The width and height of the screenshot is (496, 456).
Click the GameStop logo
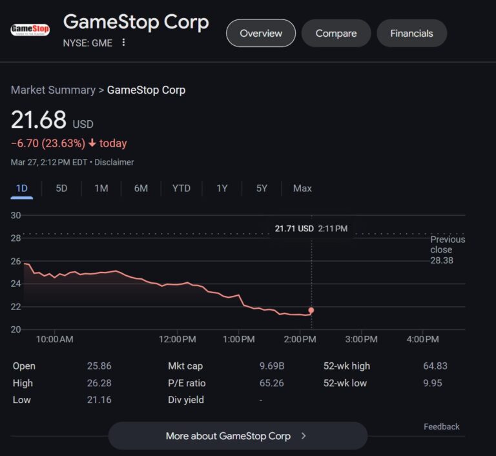pos(30,30)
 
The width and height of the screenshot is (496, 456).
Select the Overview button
pos(261,33)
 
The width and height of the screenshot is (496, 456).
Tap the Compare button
pos(336,33)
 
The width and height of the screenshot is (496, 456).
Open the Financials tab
pos(411,33)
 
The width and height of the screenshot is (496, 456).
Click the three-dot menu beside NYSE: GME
pos(123,43)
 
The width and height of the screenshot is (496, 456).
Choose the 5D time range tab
pos(61,188)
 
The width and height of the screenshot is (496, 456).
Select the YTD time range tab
pos(181,188)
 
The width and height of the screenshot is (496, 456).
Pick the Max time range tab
pos(302,188)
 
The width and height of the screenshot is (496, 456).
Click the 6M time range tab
pos(141,188)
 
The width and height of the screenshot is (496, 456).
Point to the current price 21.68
pos(39,120)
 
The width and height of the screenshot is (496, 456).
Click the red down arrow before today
pos(92,143)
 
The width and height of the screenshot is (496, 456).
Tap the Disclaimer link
pos(114,162)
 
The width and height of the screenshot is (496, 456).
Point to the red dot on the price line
pos(311,310)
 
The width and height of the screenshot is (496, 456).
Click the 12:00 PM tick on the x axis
pos(177,339)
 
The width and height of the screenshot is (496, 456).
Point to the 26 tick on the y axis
pos(16,261)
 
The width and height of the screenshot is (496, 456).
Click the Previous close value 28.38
pos(442,260)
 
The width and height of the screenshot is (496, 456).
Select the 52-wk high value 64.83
pos(435,366)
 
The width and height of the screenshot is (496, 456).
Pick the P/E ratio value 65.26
pos(271,383)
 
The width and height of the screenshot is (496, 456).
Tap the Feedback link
pos(442,426)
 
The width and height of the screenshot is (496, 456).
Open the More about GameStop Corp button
pos(237,436)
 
